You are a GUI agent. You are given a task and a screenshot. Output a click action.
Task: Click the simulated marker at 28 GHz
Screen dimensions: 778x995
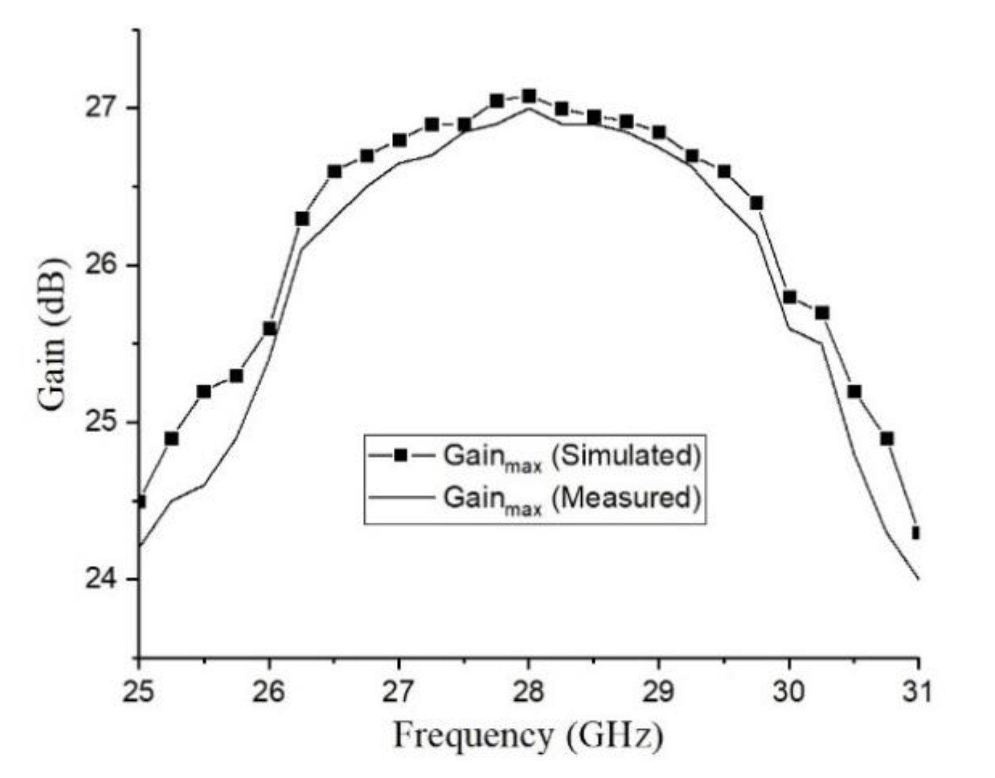[x=529, y=96]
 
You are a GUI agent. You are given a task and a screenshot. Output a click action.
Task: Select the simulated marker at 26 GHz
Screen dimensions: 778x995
[x=269, y=329]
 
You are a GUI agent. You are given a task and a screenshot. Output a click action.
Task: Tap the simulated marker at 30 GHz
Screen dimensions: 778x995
[x=789, y=297]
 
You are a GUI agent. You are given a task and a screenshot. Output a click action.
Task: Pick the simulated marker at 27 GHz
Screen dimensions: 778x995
[x=399, y=140]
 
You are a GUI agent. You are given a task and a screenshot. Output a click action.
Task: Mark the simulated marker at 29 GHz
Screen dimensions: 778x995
[x=659, y=133]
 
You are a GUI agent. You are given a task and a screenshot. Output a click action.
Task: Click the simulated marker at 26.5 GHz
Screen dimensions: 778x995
[x=334, y=172]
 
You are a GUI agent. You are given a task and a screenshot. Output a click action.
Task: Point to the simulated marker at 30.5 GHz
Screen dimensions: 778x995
[x=854, y=392]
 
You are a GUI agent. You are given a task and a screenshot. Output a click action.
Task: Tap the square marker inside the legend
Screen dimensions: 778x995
[x=401, y=456]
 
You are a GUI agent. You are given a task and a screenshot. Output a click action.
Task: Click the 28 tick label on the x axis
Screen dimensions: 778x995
[x=529, y=691]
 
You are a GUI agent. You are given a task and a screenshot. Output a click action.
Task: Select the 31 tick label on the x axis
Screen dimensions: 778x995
[x=918, y=691]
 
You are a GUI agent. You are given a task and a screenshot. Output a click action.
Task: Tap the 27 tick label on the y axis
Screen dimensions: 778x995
[x=101, y=108]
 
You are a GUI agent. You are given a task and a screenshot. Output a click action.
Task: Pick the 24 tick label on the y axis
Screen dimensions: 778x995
[x=101, y=579]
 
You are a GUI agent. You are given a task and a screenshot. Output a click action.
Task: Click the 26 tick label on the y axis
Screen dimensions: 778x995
[x=101, y=265]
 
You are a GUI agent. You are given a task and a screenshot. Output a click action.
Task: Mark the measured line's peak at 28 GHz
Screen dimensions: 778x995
[x=529, y=108]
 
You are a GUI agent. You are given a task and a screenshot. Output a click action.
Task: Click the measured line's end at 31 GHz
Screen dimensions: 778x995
[x=918, y=579]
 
